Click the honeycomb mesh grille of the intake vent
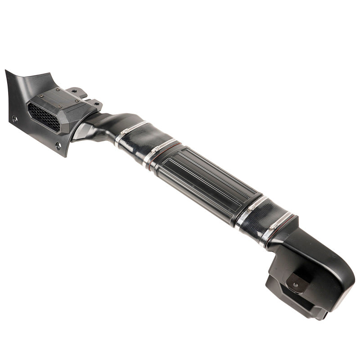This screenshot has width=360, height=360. (44, 116)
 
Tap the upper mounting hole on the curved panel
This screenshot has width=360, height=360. (15, 119)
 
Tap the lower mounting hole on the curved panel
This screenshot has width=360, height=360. (58, 146)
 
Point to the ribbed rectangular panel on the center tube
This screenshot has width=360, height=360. (202, 180)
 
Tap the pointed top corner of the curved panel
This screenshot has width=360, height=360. (7, 72)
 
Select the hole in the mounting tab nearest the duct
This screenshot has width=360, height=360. (95, 103)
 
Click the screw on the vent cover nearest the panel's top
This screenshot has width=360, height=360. (41, 96)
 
